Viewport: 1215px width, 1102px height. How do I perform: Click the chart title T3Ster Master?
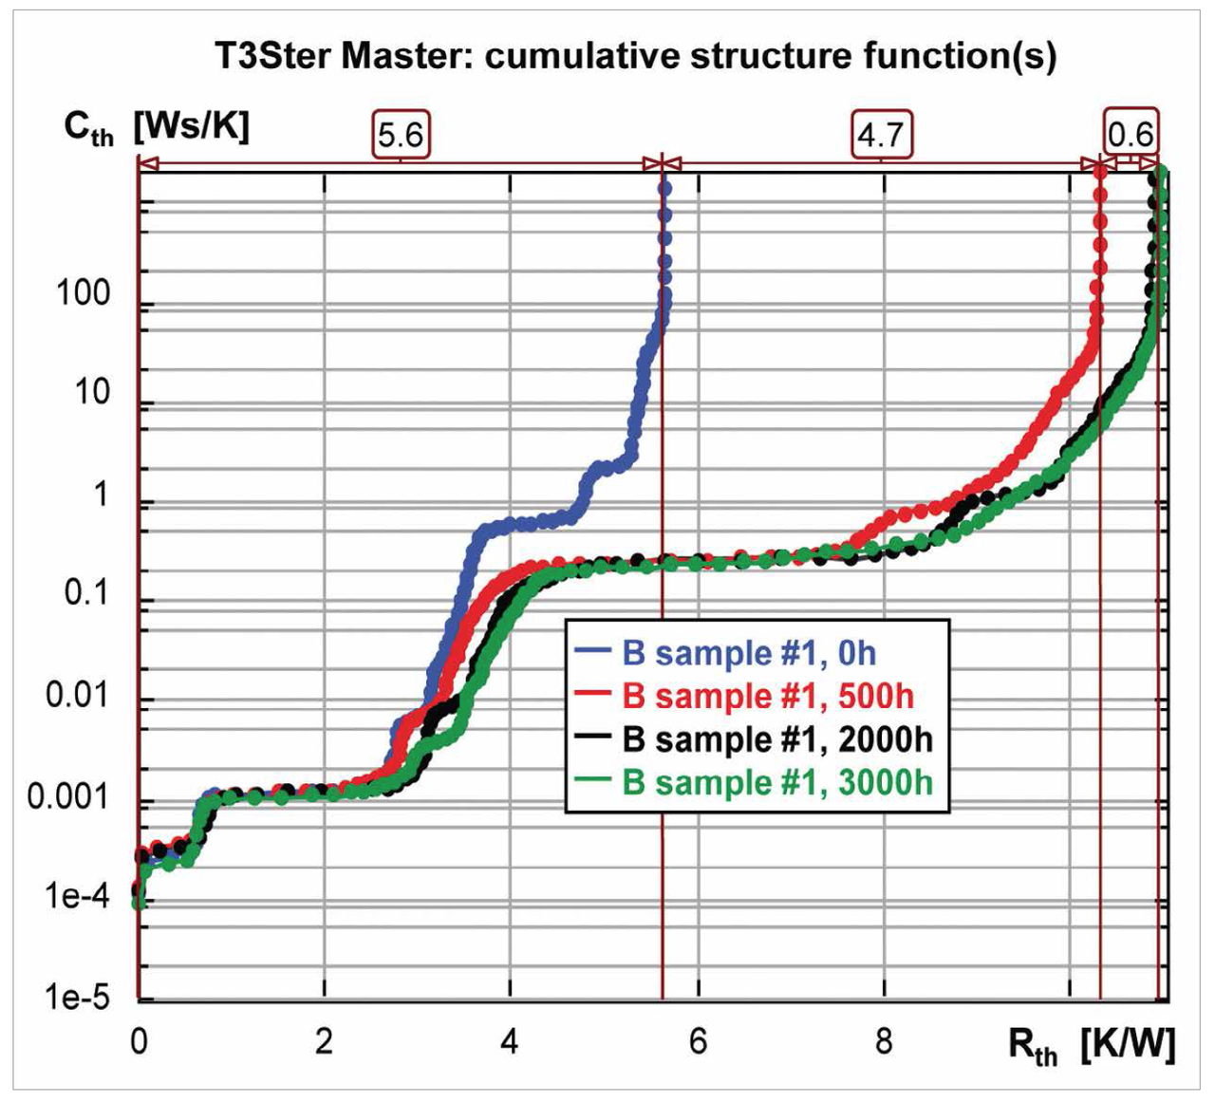click(x=635, y=56)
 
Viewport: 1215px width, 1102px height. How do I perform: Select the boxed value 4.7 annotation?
click(x=880, y=135)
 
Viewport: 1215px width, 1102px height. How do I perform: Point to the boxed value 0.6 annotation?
click(x=1130, y=133)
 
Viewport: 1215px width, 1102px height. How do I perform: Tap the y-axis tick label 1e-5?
click(x=76, y=997)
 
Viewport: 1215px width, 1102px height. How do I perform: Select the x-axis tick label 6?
click(x=698, y=1041)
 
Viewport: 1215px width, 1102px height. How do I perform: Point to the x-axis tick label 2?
click(x=324, y=1041)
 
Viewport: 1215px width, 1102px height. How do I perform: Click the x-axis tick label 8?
click(x=884, y=1041)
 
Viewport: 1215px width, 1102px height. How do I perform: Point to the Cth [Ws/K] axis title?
click(x=156, y=126)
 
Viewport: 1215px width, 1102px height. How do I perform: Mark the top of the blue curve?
click(x=664, y=188)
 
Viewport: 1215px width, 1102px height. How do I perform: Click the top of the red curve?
click(x=1100, y=173)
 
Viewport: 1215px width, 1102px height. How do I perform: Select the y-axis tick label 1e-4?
click(x=76, y=895)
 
